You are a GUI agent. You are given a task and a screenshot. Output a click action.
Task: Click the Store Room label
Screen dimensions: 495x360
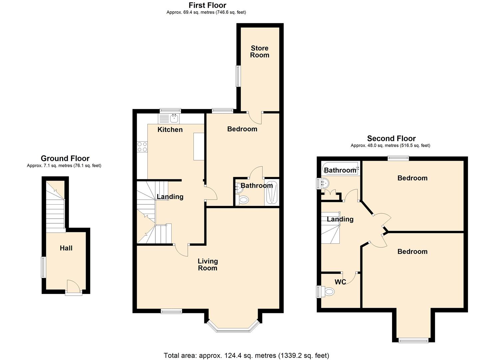click(260, 51)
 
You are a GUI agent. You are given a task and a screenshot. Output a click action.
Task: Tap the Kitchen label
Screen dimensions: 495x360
click(170, 130)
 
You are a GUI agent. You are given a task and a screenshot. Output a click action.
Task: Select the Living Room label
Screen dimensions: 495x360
click(208, 265)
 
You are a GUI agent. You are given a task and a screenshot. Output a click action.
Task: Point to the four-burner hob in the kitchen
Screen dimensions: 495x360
click(142, 147)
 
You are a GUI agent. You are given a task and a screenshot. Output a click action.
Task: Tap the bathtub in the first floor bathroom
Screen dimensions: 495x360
click(272, 192)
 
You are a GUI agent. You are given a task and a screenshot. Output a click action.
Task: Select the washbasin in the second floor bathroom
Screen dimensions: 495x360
click(325, 183)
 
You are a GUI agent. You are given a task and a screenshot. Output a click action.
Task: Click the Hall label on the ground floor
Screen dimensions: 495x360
click(66, 248)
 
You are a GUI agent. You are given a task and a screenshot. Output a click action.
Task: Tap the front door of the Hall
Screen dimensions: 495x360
click(74, 287)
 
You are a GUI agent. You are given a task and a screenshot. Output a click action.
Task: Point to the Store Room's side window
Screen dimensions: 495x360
click(238, 76)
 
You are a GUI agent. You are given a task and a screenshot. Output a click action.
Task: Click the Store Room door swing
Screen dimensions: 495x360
click(255, 118)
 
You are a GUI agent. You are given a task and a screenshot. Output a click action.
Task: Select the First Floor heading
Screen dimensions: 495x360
click(208, 5)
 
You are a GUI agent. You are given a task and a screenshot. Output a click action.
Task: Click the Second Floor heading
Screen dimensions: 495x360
click(391, 138)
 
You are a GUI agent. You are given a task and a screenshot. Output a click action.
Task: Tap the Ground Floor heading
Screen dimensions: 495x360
click(65, 158)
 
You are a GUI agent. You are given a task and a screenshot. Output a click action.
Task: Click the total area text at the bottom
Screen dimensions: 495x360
click(246, 355)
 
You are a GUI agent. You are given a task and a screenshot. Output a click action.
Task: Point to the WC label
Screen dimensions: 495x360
click(340, 282)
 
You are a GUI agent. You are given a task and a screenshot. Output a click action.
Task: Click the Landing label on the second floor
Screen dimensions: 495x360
click(340, 219)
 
